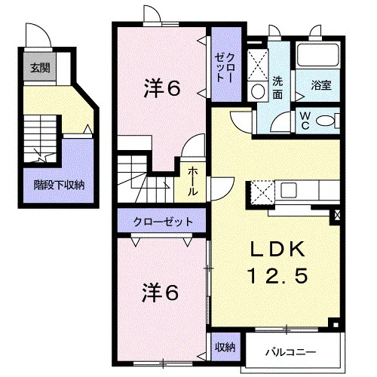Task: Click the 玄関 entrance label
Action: point(40,68)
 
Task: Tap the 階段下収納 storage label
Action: point(59,185)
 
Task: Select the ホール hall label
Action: point(192,181)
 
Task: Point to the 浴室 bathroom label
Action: point(321,85)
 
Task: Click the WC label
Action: point(305,121)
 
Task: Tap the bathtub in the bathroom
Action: point(317,55)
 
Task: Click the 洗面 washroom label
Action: point(277,87)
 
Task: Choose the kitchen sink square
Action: point(289,191)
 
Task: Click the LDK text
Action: point(278,250)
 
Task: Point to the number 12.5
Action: point(278,276)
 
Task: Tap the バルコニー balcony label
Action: point(291,352)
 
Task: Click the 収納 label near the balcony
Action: point(225,347)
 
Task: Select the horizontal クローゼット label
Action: point(163,222)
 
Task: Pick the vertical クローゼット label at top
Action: point(225,68)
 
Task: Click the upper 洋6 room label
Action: point(162,88)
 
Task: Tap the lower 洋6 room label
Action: point(161,293)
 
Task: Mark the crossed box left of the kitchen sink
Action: point(262,193)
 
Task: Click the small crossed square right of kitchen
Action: point(338,215)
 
